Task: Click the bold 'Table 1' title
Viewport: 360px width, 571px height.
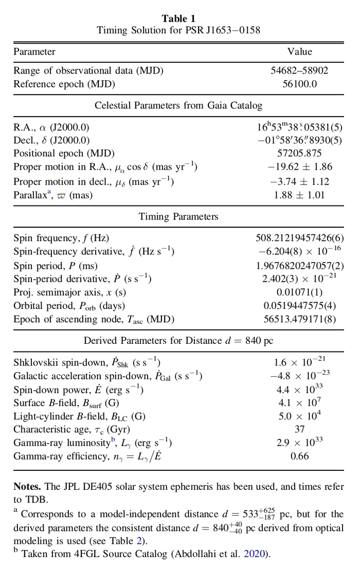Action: [x=178, y=19]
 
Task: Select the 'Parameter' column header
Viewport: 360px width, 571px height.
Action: [x=34, y=51]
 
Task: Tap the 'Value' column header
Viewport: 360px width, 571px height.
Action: [x=299, y=51]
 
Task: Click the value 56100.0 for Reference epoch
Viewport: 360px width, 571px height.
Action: [x=299, y=83]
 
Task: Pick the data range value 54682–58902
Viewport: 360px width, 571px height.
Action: [x=299, y=71]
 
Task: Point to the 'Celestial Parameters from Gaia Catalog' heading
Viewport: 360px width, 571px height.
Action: [x=178, y=105]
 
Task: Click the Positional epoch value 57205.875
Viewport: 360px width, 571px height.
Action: [x=299, y=153]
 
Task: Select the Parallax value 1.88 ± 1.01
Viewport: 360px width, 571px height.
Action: [x=299, y=195]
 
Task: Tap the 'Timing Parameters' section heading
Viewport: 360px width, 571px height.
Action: [x=178, y=217]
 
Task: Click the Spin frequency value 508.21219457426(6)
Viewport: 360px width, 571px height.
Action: [x=299, y=237]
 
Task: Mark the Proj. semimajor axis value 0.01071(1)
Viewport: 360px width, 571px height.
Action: [x=299, y=292]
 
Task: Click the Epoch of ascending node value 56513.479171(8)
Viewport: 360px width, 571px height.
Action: [x=299, y=319]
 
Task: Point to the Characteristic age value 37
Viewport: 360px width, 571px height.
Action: [x=299, y=429]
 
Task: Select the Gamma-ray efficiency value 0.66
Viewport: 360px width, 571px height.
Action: [x=299, y=456]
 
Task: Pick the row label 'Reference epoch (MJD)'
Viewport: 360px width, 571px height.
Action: [x=64, y=83]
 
